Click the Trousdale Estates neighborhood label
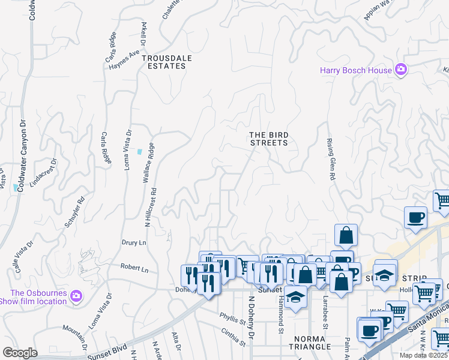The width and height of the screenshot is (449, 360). coord(164,62)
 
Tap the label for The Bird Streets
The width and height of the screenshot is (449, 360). coord(268,139)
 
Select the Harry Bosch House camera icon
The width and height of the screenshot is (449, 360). coord(401,70)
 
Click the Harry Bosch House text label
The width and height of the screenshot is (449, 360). coord(355,70)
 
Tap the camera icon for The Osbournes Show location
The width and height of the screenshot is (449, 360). coord(76,296)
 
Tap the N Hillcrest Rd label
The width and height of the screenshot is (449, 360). coord(154,207)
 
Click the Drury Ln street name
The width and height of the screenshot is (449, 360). coord(134,242)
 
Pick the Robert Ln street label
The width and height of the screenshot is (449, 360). coord(134,269)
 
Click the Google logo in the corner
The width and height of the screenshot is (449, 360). coord(20,352)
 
